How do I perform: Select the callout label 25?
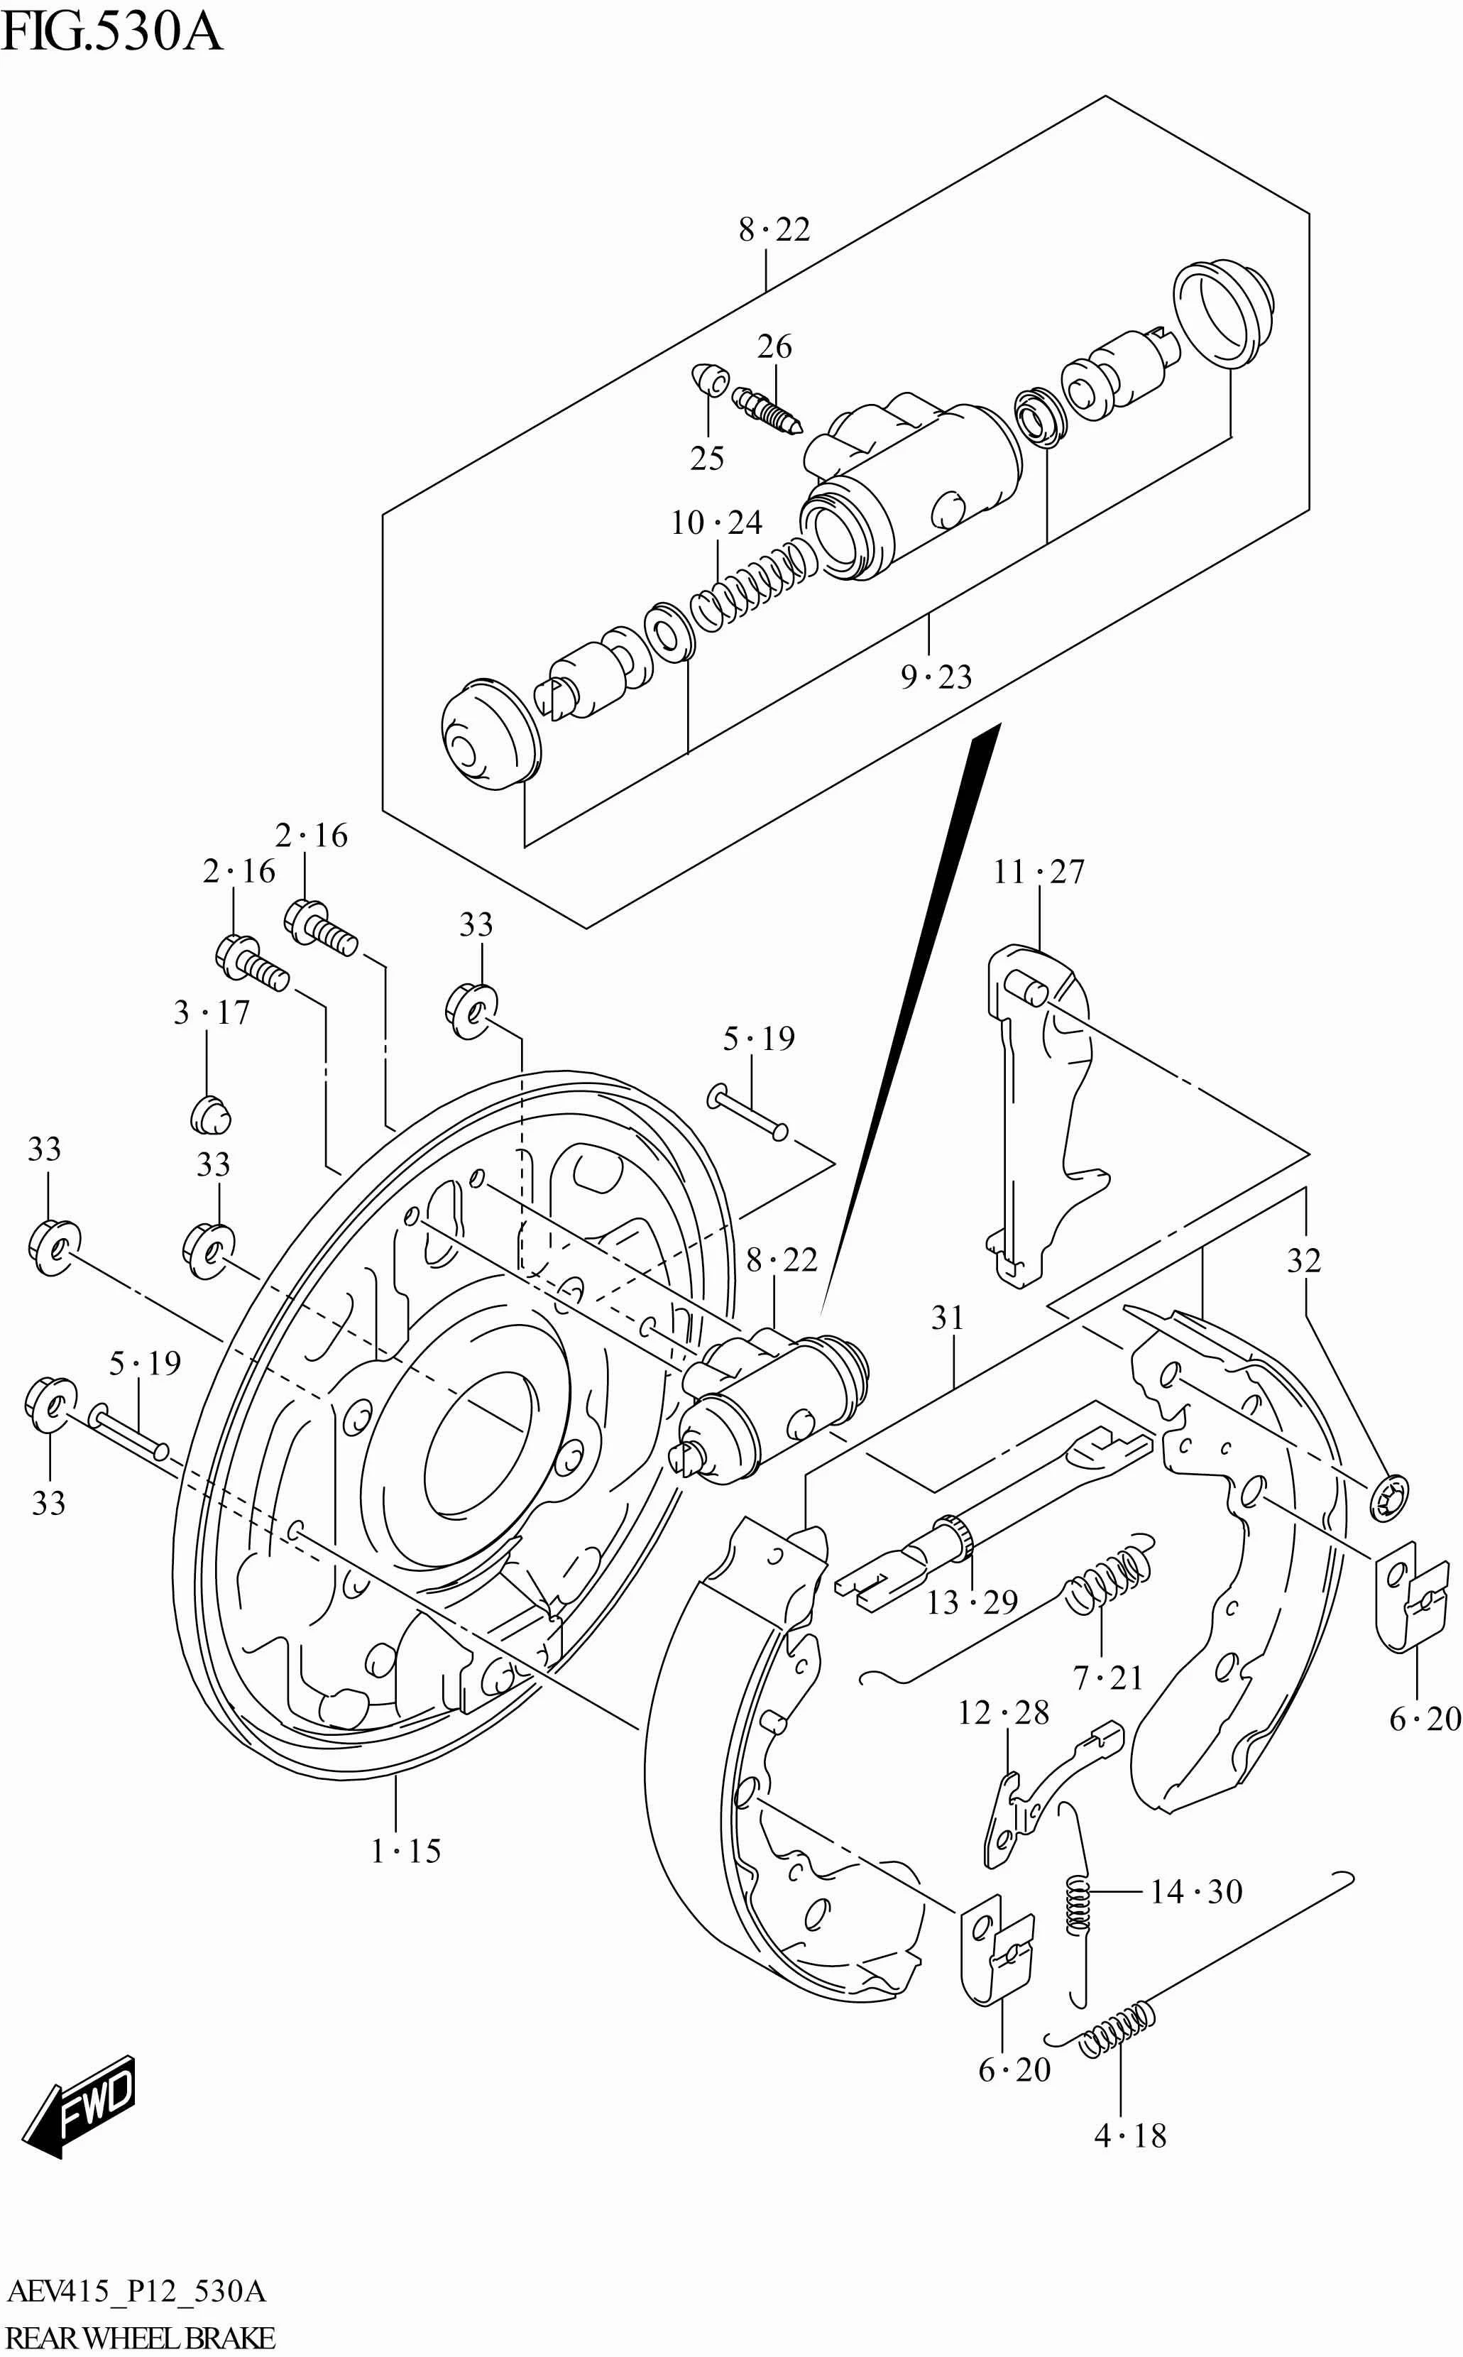click(x=706, y=459)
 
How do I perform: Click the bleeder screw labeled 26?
click(x=767, y=410)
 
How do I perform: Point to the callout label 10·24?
click(x=716, y=523)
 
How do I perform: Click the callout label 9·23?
click(x=936, y=677)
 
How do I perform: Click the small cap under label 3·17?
click(x=210, y=1115)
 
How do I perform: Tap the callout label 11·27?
click(x=1039, y=872)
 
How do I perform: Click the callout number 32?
click(x=1303, y=1261)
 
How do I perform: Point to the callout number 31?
click(x=947, y=1318)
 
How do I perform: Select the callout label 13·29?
click(x=972, y=1603)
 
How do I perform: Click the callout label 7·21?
click(x=1108, y=1678)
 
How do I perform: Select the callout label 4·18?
click(x=1129, y=2135)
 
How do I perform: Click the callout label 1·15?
click(x=405, y=1851)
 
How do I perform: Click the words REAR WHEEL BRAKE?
click(x=141, y=2339)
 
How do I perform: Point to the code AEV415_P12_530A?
click(x=136, y=2292)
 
